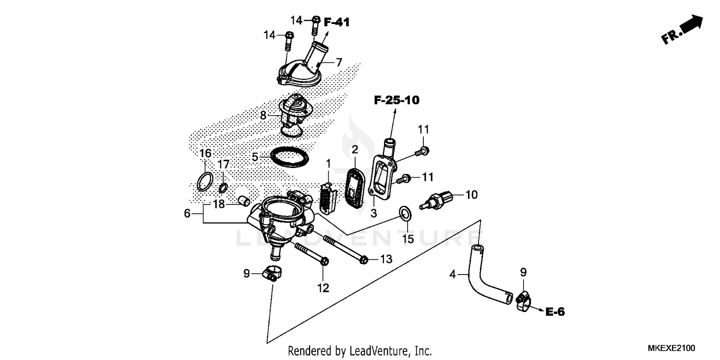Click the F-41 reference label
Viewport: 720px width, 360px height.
point(336,22)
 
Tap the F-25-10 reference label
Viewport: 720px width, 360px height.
point(396,100)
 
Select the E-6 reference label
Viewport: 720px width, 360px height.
point(555,312)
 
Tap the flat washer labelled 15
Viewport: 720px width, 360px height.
point(405,213)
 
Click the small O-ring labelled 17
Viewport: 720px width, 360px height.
point(224,187)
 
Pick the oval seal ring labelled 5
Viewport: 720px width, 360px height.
point(288,157)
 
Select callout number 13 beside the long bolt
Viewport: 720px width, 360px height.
point(386,259)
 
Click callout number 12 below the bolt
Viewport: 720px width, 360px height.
point(323,288)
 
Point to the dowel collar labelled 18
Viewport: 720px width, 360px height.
point(243,199)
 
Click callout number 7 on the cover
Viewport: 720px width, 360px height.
point(338,62)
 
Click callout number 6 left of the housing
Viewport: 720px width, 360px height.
point(187,213)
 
